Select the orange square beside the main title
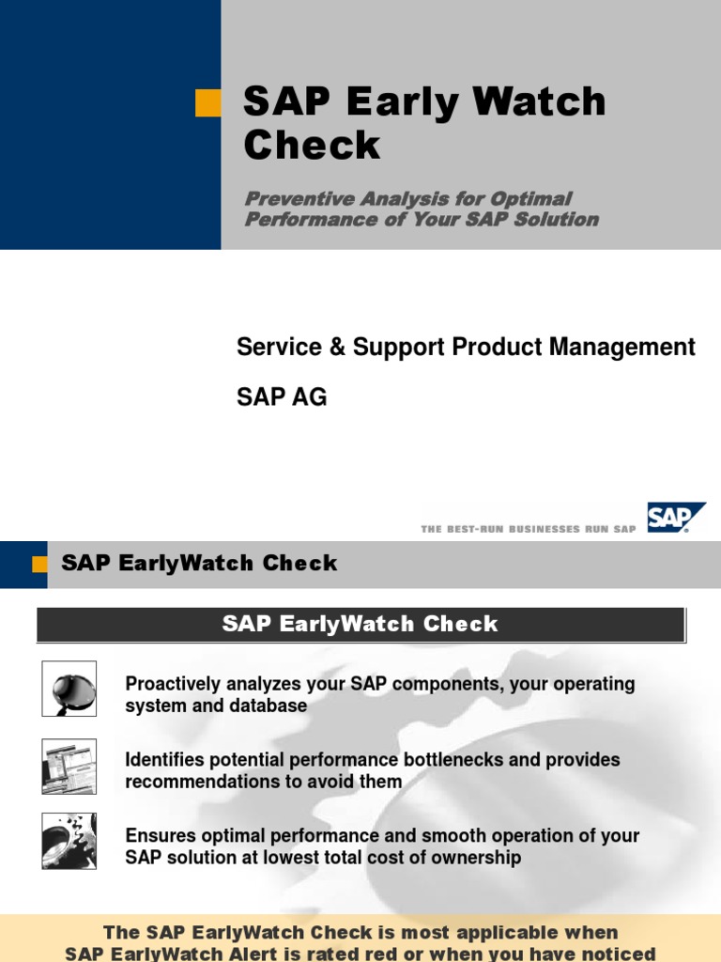tap(207, 102)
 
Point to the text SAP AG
tap(282, 397)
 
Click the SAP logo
tap(674, 519)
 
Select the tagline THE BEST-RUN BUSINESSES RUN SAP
tap(529, 530)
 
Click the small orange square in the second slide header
tap(39, 564)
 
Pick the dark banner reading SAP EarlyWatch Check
tap(360, 624)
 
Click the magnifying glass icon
tap(69, 688)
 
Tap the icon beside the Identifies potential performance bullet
tap(69, 766)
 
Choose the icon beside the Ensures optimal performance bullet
tap(69, 841)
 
